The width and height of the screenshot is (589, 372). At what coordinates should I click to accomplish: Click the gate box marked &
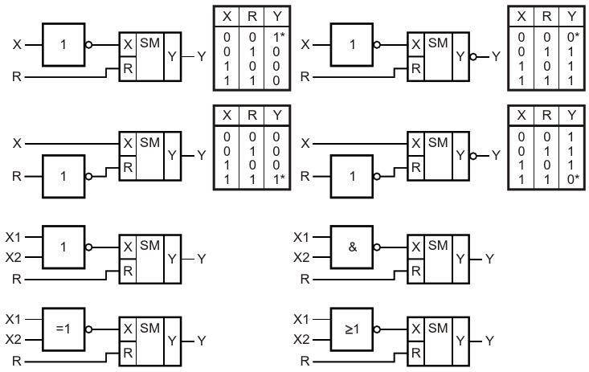[353, 247]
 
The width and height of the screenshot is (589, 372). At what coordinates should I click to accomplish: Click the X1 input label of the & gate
[301, 237]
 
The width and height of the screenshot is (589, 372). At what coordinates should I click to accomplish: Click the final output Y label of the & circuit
[490, 259]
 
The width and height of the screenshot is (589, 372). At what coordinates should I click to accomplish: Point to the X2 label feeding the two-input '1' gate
[14, 257]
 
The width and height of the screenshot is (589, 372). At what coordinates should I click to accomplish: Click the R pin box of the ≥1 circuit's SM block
[415, 350]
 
